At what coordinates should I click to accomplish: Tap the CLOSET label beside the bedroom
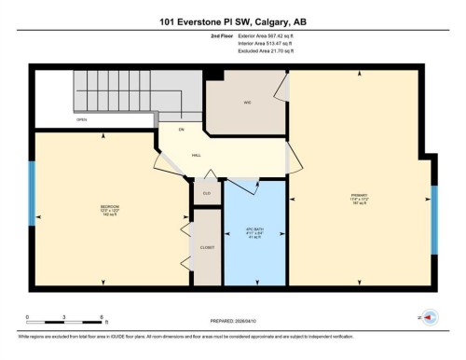[x=207, y=247]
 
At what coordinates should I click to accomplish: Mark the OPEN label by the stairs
[x=82, y=120]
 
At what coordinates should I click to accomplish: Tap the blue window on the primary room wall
[x=433, y=219]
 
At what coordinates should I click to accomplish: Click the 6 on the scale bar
[x=100, y=318]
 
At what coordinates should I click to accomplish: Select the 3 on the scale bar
[x=63, y=318]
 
